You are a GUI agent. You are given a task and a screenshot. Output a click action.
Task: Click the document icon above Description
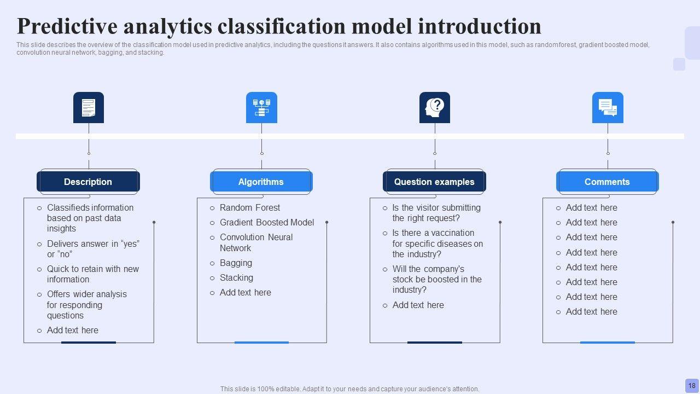pos(89,108)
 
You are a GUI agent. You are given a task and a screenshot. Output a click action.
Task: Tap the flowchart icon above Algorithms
pos(261,108)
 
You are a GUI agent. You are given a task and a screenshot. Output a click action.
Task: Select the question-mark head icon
pos(434,108)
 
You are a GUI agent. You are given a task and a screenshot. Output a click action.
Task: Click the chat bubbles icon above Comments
pos(608,108)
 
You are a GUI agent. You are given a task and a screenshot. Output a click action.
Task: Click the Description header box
pos(88,182)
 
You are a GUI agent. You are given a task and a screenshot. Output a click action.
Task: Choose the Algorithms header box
pos(261,182)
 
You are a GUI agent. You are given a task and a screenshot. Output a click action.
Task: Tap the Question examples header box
pos(434,182)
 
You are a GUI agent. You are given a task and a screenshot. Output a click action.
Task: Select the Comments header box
pos(608,182)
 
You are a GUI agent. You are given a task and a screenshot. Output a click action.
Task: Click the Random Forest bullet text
pos(250,207)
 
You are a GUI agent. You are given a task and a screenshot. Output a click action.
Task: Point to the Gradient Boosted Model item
pos(267,222)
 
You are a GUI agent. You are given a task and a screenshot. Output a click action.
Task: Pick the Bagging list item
pos(236,263)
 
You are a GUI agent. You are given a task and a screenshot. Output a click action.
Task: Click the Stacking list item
pos(237,277)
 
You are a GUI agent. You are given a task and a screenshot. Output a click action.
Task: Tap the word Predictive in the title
pos(67,26)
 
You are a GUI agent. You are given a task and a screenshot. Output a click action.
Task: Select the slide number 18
pos(692,386)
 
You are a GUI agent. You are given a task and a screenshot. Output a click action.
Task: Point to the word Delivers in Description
pos(62,244)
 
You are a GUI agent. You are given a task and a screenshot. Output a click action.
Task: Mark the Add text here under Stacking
pos(246,292)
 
